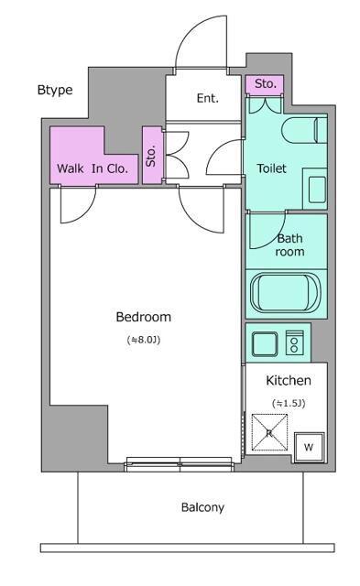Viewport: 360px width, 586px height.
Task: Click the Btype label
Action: [x=55, y=91]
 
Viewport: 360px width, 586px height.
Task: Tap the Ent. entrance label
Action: [x=207, y=98]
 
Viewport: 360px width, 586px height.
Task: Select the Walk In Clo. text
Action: [x=93, y=168]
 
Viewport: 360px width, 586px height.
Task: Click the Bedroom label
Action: [x=144, y=317]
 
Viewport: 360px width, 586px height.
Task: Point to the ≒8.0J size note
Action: [x=144, y=340]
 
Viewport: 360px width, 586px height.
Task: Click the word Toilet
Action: [x=271, y=168]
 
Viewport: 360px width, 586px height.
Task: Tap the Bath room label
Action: [x=289, y=244]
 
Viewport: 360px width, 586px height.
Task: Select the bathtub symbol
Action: [x=285, y=293]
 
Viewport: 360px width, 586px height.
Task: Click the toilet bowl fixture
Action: [x=304, y=130]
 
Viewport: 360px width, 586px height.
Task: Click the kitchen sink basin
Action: [x=265, y=344]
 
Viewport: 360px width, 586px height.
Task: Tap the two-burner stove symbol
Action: [x=295, y=342]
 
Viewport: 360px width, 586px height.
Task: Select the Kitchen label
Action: [x=289, y=381]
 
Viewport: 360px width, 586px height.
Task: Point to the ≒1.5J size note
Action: [x=289, y=403]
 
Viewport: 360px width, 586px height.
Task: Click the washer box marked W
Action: [x=309, y=447]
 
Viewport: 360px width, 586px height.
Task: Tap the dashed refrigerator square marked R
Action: [x=269, y=432]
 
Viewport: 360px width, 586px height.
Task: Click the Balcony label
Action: [x=202, y=507]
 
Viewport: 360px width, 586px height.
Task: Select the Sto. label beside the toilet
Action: [x=266, y=83]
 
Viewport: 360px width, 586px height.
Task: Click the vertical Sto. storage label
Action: [x=150, y=156]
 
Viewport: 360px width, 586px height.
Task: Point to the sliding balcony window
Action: [x=180, y=464]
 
